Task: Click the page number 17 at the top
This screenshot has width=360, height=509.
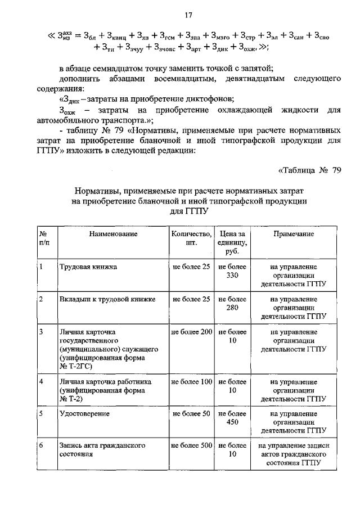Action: pyautogui.click(x=181, y=16)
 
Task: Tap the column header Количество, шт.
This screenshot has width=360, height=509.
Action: pyautogui.click(x=192, y=238)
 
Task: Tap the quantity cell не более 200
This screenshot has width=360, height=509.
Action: pyautogui.click(x=192, y=332)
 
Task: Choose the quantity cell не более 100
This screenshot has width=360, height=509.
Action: pyautogui.click(x=192, y=382)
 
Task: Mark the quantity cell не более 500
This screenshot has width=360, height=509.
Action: pyautogui.click(x=192, y=445)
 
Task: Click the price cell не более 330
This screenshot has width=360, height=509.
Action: pyautogui.click(x=232, y=271)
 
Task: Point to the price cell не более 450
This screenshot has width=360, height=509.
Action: pyautogui.click(x=232, y=418)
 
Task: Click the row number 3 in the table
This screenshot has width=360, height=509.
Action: pyautogui.click(x=42, y=332)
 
